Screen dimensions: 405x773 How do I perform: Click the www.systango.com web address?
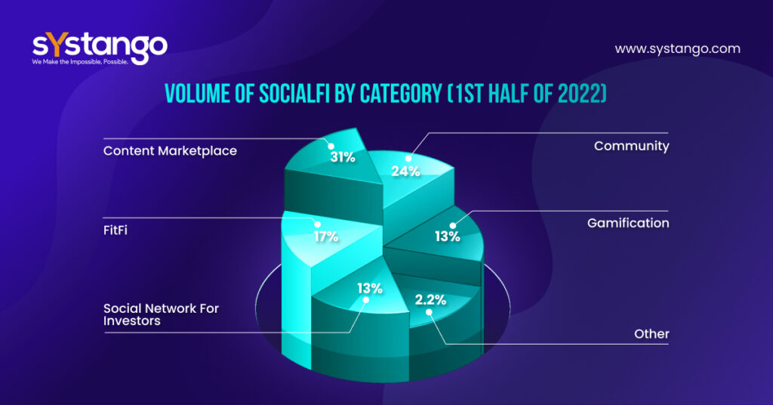tap(677, 49)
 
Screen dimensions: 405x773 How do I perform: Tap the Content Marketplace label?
tap(170, 150)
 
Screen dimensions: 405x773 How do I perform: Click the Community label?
tap(631, 146)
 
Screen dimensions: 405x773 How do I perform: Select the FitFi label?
tap(116, 228)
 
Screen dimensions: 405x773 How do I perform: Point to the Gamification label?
tap(628, 223)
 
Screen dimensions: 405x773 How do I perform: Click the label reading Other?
tap(651, 333)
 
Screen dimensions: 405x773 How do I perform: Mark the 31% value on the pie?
tap(343, 157)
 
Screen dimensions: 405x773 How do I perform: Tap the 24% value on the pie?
tap(405, 171)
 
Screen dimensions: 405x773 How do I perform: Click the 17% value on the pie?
tap(326, 236)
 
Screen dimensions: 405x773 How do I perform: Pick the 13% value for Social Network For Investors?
tap(370, 287)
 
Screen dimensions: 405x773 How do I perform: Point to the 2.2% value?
tap(430, 299)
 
